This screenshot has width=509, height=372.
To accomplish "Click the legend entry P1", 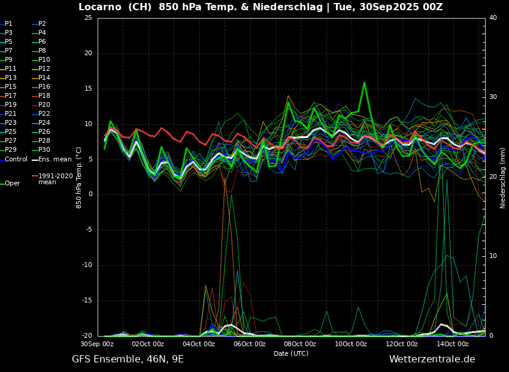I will [x=8, y=24].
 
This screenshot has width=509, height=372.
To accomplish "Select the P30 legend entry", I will [x=44, y=150].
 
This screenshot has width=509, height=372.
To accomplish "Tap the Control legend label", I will [x=16, y=159].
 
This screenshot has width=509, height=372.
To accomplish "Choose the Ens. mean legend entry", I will [x=54, y=159].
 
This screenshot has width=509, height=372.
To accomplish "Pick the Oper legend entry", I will [x=13, y=184].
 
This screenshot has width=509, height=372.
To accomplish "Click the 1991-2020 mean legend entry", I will [x=55, y=179].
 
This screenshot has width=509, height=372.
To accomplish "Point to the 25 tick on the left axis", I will [x=88, y=18].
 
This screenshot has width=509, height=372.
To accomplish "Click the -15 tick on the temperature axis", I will [x=87, y=301].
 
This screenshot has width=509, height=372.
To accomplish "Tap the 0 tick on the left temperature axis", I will [x=90, y=194].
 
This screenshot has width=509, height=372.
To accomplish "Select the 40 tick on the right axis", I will [x=493, y=18].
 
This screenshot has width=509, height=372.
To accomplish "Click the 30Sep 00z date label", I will [x=97, y=344].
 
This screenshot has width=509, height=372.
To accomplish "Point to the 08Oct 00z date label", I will [x=300, y=344].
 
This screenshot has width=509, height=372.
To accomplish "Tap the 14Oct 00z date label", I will [x=452, y=344].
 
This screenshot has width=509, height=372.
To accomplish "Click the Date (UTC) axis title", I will [x=291, y=353].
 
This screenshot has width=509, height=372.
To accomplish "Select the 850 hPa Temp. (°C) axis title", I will [x=79, y=177].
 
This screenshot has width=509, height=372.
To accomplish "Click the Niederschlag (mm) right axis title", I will [x=503, y=178].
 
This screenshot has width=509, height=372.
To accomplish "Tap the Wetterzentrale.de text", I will [x=432, y=359].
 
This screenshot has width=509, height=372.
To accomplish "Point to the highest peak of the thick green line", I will [x=364, y=83].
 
